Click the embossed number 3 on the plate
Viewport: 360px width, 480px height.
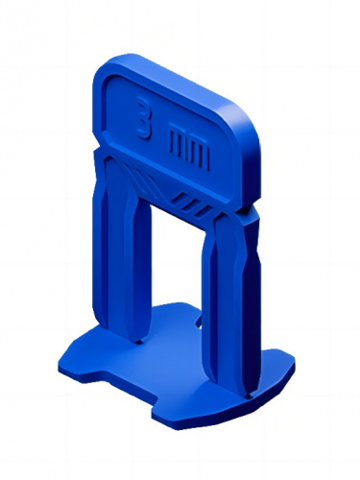pos(144,117)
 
